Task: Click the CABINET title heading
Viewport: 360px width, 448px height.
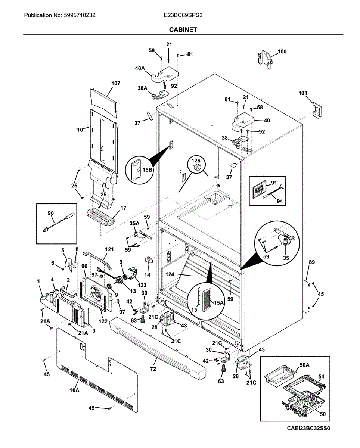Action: pyautogui.click(x=183, y=30)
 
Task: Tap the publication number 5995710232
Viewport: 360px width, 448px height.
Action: pyautogui.click(x=78, y=15)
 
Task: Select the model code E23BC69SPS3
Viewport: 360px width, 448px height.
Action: pyautogui.click(x=183, y=15)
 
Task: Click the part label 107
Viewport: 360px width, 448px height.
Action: pyautogui.click(x=116, y=83)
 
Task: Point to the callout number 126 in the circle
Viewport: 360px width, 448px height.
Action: pyautogui.click(x=196, y=161)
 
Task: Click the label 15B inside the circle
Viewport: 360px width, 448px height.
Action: pyautogui.click(x=147, y=170)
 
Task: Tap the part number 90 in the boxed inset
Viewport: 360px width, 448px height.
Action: pyautogui.click(x=50, y=213)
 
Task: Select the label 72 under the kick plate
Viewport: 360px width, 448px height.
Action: pyautogui.click(x=153, y=369)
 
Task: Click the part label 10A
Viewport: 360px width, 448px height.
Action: pyautogui.click(x=74, y=391)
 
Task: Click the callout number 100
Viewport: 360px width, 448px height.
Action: pyautogui.click(x=282, y=52)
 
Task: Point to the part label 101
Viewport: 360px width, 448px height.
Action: pyautogui.click(x=303, y=93)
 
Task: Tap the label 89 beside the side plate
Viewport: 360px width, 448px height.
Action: pyautogui.click(x=312, y=262)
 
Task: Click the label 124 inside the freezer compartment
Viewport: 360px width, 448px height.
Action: pyautogui.click(x=170, y=274)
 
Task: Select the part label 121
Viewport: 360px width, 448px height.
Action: pyautogui.click(x=109, y=249)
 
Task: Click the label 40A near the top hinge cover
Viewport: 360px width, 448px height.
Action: pyautogui.click(x=140, y=68)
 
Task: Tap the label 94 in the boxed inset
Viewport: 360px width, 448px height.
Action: pyautogui.click(x=280, y=201)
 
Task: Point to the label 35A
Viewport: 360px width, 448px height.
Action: pyautogui.click(x=134, y=223)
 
